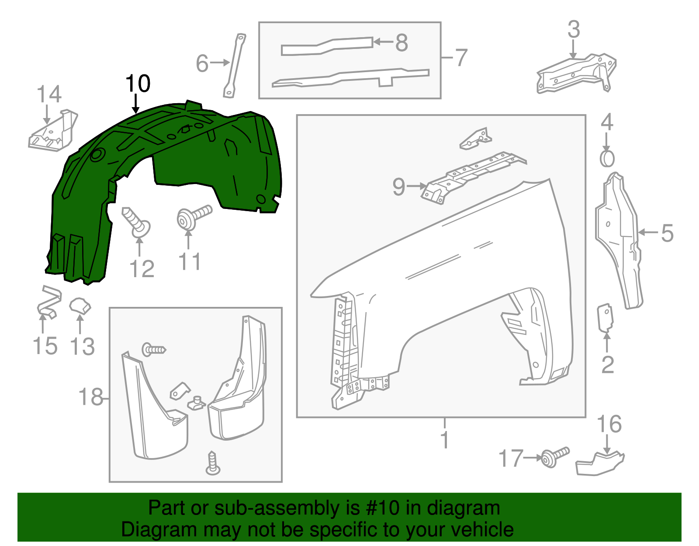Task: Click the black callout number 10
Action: tap(138, 83)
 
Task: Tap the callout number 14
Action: tap(49, 94)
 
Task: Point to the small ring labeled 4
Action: tap(607, 159)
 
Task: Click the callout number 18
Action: tap(90, 397)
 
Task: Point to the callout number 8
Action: tap(401, 43)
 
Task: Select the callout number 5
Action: tap(667, 233)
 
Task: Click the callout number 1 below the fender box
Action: tap(445, 439)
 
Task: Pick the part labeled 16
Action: tap(599, 464)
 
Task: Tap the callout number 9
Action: tap(398, 187)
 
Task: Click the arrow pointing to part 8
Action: tap(383, 42)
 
